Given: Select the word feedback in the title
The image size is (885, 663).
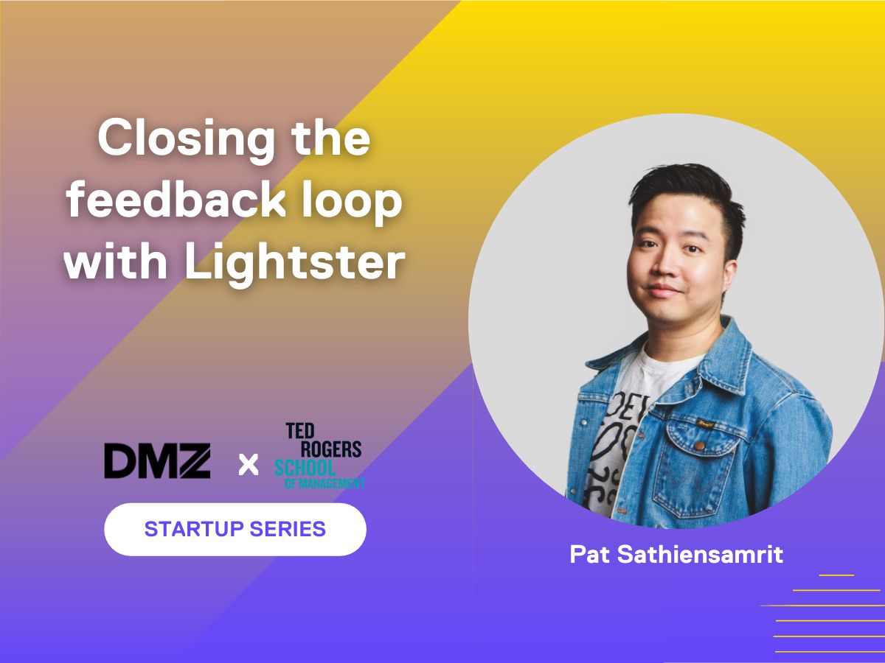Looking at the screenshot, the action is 176,200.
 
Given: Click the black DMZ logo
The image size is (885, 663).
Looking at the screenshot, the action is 157,461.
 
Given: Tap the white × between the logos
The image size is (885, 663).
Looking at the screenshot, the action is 249,465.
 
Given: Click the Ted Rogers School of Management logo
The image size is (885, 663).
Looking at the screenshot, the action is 319,456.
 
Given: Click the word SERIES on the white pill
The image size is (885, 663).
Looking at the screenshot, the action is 288,528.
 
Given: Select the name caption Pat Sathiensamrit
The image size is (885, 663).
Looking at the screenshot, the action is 676,554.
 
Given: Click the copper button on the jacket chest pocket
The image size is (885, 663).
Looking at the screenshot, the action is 700,446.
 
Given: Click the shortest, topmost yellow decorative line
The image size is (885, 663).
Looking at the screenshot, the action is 836,575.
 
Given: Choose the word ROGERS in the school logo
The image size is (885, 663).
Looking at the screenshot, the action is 331,449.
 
